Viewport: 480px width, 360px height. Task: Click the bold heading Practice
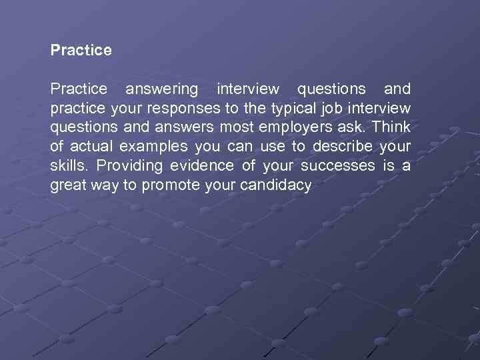81,50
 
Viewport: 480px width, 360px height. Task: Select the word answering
162,89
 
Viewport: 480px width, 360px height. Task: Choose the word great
68,186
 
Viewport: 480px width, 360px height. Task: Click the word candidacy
279,186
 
